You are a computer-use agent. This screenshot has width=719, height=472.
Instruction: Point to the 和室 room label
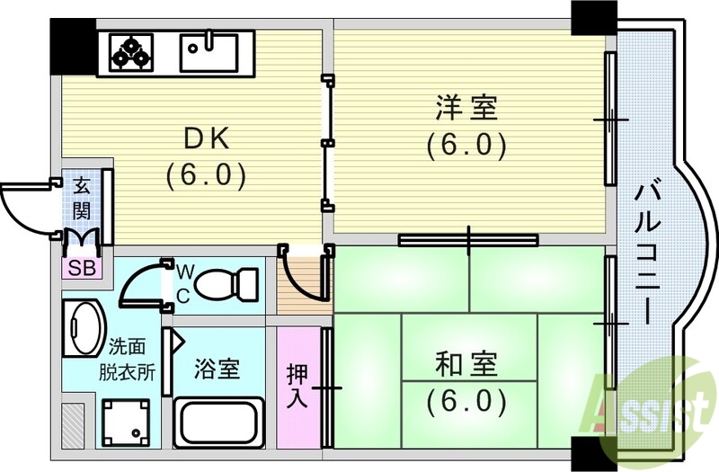click(465, 366)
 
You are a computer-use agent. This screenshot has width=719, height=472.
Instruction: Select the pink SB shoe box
click(81, 267)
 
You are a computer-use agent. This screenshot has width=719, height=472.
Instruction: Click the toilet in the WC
click(226, 286)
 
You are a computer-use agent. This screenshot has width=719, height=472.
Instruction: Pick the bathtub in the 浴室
click(218, 423)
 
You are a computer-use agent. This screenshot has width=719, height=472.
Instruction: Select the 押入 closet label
click(297, 386)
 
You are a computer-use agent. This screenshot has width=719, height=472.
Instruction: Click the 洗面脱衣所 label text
click(133, 358)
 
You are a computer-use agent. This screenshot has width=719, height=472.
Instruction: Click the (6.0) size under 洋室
click(465, 145)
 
